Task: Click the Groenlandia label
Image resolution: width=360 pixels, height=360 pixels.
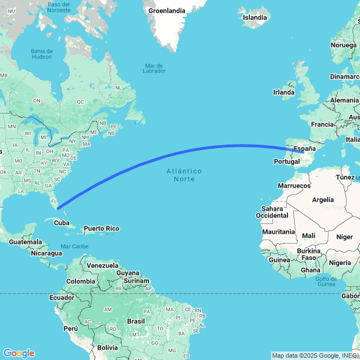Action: point(166,11)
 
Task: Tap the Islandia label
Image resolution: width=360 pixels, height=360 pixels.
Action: point(254,17)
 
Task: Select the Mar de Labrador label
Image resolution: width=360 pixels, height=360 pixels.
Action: point(154,68)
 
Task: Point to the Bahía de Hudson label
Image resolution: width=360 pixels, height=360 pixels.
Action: point(42,54)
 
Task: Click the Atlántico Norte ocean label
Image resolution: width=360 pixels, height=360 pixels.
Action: point(184,174)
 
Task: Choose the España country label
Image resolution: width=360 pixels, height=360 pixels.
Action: point(304,149)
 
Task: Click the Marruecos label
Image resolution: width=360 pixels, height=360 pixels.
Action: point(294,186)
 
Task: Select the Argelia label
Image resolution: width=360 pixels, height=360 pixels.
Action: point(322,200)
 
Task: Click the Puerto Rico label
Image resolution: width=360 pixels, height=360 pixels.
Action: point(101,228)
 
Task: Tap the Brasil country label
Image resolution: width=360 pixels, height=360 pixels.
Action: point(136,321)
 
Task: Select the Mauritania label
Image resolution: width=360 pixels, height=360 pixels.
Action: point(278,232)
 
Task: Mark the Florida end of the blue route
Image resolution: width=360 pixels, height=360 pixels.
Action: point(58,208)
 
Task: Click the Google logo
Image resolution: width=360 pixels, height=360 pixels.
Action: point(18,353)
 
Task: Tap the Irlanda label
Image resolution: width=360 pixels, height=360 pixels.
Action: point(283,92)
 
